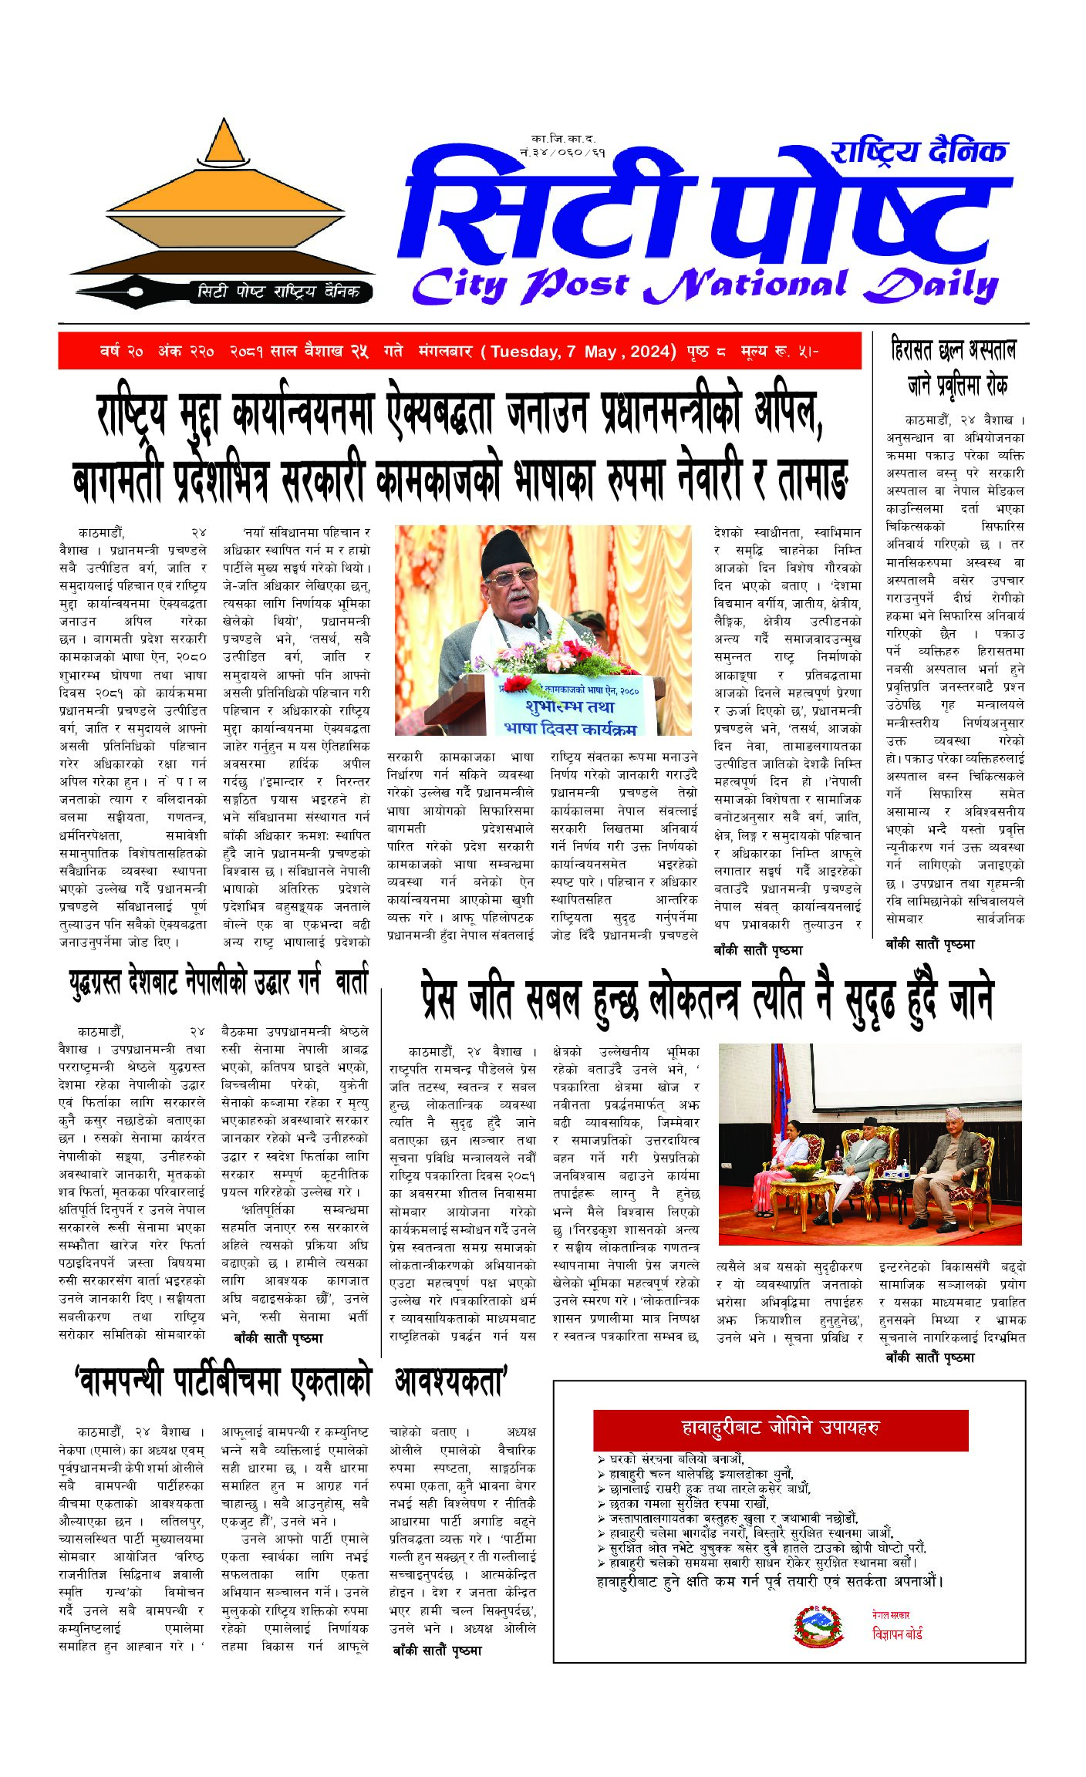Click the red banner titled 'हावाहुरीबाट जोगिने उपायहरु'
[x=780, y=1428]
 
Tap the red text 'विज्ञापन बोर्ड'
[x=897, y=1633]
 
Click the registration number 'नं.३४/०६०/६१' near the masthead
[x=562, y=153]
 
